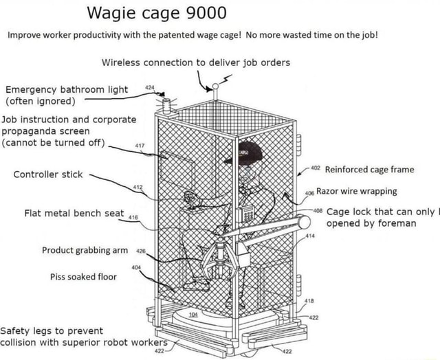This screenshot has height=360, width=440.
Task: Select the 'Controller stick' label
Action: (x=45, y=175)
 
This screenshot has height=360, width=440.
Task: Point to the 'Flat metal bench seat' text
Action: (x=76, y=213)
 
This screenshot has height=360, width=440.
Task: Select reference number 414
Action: (x=311, y=237)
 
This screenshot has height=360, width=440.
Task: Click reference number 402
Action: (x=316, y=167)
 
